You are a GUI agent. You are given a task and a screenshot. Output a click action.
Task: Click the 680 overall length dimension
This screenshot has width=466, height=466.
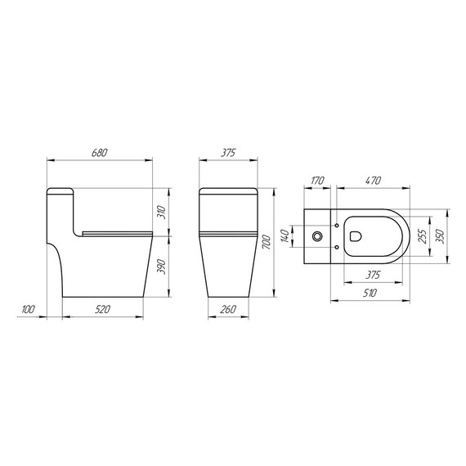[x=100, y=153]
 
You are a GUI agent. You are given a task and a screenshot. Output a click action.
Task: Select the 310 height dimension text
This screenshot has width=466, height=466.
[x=162, y=213]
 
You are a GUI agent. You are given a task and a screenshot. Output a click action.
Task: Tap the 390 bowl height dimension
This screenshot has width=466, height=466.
[x=162, y=267]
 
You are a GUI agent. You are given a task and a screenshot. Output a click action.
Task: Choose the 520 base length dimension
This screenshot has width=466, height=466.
[x=104, y=309]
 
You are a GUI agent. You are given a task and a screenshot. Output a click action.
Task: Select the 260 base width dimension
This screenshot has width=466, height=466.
[x=228, y=309]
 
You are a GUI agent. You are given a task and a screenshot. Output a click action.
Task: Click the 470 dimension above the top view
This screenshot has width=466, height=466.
[x=374, y=182]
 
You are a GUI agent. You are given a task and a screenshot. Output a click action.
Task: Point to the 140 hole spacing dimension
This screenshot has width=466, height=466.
[x=285, y=236]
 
